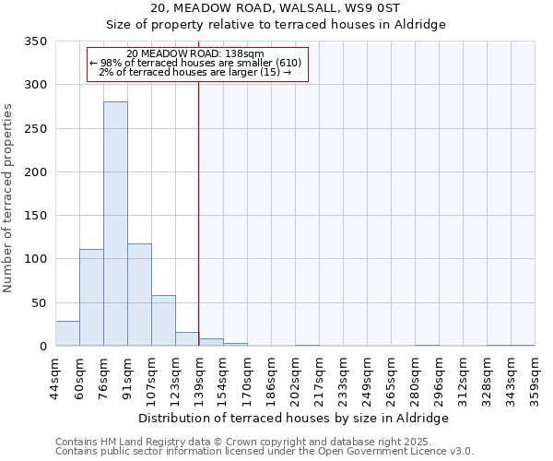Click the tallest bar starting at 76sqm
pyautogui.click(x=115, y=224)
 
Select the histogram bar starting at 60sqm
pyautogui.click(x=91, y=298)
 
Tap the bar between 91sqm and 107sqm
pyautogui.click(x=139, y=295)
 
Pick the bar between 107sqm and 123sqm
pyautogui.click(x=163, y=321)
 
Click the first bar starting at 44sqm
pyautogui.click(x=67, y=334)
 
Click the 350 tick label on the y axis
pyautogui.click(x=36, y=41)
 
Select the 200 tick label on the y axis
pyautogui.click(x=36, y=172)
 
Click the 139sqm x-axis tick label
pyautogui.click(x=200, y=378)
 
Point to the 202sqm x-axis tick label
pyautogui.click(x=296, y=378)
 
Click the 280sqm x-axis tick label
pyautogui.click(x=416, y=378)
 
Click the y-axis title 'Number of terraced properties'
pyautogui.click(x=9, y=198)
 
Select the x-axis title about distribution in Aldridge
pyautogui.click(x=294, y=418)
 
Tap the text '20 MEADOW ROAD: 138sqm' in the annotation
pyautogui.click(x=195, y=53)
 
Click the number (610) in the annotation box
pyautogui.click(x=288, y=63)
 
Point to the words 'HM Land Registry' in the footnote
pyautogui.click(x=135, y=443)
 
